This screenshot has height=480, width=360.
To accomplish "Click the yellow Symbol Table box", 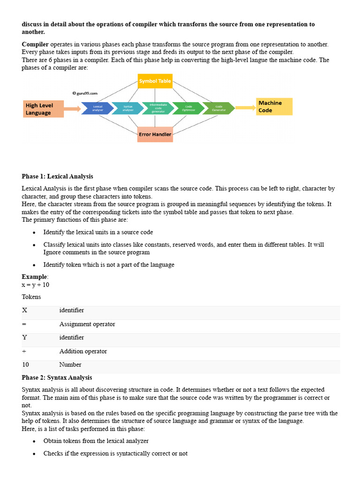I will click(x=155, y=81).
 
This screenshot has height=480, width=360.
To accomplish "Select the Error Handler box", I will click(x=155, y=134).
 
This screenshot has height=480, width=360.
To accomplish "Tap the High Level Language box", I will click(x=43, y=109).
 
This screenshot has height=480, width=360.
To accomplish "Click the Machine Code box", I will click(x=274, y=106).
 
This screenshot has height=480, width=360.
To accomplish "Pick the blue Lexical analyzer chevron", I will click(x=97, y=108).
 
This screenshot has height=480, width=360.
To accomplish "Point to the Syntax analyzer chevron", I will click(x=127, y=108).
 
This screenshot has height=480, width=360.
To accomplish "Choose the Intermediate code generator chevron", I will click(x=157, y=108).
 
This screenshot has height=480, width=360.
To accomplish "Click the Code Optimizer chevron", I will click(x=188, y=108).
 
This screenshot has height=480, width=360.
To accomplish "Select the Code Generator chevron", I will click(x=218, y=108).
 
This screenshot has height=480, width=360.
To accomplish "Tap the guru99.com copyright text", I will click(x=85, y=93).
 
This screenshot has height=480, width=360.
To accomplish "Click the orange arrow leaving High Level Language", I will click(x=72, y=109).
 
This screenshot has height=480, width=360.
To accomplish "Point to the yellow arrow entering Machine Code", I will click(x=245, y=108).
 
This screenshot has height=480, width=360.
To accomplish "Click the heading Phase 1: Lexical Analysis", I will click(x=57, y=176).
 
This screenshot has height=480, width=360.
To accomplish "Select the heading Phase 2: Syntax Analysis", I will click(x=57, y=377).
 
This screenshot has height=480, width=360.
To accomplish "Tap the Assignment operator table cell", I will click(x=87, y=324).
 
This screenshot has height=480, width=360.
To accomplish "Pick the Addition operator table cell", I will click(x=83, y=351).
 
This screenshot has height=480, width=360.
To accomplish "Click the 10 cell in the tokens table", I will click(x=25, y=364).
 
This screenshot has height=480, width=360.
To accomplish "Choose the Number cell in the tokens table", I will click(x=70, y=364).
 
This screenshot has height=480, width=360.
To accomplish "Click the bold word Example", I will click(x=34, y=277).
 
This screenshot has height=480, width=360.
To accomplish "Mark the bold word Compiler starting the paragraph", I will click(x=35, y=44).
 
